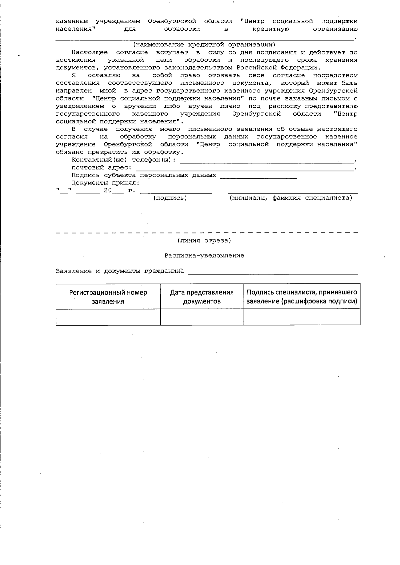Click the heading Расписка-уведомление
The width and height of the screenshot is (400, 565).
[x=204, y=255]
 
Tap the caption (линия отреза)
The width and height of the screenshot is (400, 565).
[x=204, y=240]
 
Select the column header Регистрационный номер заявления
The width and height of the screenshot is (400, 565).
[x=108, y=297]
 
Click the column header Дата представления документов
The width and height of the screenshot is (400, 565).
[x=202, y=297]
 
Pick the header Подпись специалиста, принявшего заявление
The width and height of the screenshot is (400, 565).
[x=302, y=297]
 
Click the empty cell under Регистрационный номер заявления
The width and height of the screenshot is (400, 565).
[x=108, y=317]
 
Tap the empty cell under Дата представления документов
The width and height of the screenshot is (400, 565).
[x=202, y=317]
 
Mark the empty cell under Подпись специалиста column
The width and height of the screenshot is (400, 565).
[x=302, y=317]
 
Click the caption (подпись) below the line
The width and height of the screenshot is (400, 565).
[x=170, y=198]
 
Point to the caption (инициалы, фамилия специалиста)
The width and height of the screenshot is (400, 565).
[x=290, y=198]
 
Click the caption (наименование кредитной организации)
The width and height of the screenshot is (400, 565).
[x=204, y=45]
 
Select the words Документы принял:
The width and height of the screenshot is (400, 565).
[x=105, y=183]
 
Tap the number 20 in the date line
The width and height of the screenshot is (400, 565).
[x=108, y=191]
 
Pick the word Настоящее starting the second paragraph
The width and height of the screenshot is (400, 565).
[x=90, y=52]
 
